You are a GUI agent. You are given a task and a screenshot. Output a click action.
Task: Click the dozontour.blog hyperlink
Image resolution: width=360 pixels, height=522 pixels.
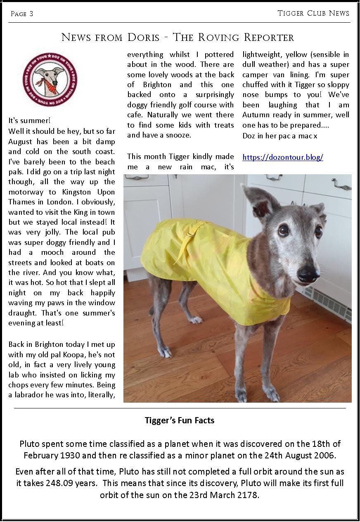coord(282,157)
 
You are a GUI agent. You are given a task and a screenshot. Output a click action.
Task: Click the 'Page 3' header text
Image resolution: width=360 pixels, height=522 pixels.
coord(22,14)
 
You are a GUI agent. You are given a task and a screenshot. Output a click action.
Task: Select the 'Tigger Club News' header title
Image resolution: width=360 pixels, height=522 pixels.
coord(313,13)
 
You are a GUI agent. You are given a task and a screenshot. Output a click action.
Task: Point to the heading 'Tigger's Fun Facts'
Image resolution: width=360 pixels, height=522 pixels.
coord(180,421)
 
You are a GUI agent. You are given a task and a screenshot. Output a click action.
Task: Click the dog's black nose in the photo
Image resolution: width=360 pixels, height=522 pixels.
coord(308,273)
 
